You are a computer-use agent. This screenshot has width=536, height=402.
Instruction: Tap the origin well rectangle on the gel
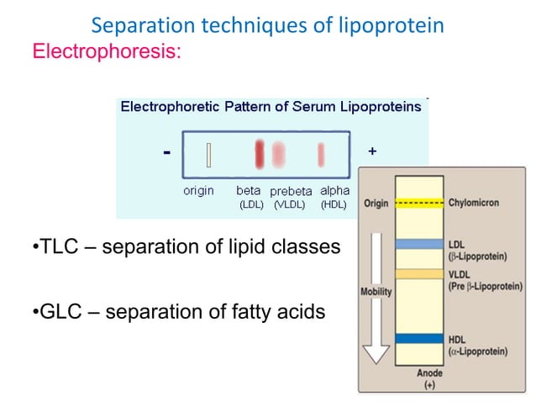[208, 155]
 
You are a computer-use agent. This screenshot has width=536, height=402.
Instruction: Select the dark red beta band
[260, 154]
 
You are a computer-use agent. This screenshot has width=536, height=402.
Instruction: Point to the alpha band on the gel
[321, 155]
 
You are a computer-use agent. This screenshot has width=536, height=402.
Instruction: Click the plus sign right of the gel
[372, 151]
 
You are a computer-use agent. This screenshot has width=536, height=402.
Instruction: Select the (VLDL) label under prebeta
[290, 204]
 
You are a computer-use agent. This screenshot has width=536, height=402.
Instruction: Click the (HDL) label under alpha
[334, 204]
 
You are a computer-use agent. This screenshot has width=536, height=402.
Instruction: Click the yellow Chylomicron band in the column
[420, 204]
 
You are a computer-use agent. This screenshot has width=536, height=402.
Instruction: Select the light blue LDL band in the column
[420, 244]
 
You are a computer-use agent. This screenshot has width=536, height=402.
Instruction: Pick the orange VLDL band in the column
[420, 273]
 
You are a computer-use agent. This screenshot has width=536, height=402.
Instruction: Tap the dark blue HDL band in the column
[420, 339]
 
